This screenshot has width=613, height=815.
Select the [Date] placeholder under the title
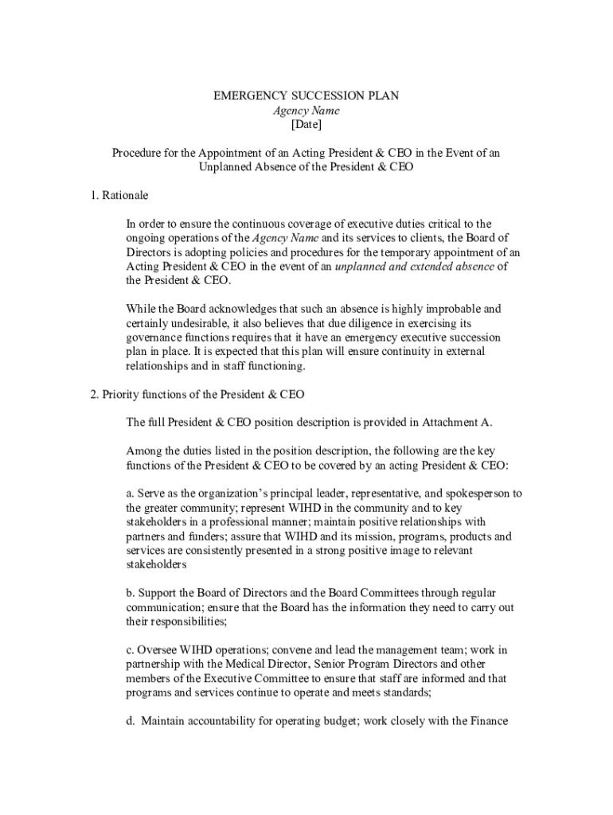pyautogui.click(x=306, y=125)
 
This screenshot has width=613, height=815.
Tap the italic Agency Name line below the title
pyautogui.click(x=306, y=111)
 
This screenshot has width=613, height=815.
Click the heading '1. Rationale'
pyautogui.click(x=119, y=195)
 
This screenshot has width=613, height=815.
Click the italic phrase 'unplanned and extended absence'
pyautogui.click(x=414, y=266)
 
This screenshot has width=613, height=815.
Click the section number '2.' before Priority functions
pyautogui.click(x=95, y=394)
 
